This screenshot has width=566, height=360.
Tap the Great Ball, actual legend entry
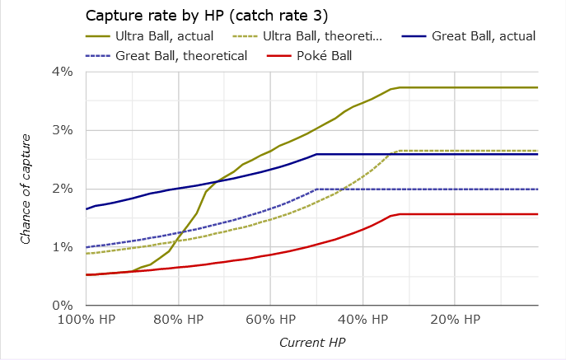484,36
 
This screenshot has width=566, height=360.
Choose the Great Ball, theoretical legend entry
182,56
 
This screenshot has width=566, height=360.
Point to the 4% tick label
63,72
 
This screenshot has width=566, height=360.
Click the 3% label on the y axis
63,131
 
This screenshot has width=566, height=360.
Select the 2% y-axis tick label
63,189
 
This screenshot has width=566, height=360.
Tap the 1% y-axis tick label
63,248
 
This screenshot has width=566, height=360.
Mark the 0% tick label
63,306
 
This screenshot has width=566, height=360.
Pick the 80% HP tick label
179,319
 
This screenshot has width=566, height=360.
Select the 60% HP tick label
270,319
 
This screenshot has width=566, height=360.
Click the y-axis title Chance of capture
27,189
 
